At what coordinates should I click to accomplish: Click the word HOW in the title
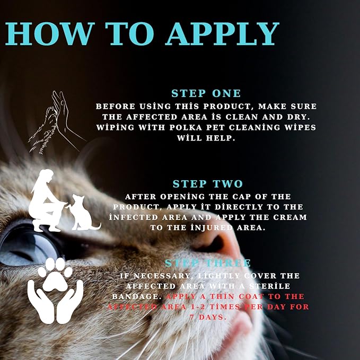pyautogui.click(x=50, y=34)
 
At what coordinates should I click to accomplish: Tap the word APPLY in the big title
pyautogui.click(x=222, y=34)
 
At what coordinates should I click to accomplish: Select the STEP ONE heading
pyautogui.click(x=206, y=93)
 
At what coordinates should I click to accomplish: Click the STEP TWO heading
pyautogui.click(x=207, y=184)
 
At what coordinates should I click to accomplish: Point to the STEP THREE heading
pyautogui.click(x=207, y=263)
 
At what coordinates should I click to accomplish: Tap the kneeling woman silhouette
pyautogui.click(x=47, y=200)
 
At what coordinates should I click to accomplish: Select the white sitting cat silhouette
pyautogui.click(x=83, y=213)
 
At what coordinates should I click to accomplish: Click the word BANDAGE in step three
pyautogui.click(x=136, y=296)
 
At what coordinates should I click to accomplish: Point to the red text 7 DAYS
pyautogui.click(x=208, y=317)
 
